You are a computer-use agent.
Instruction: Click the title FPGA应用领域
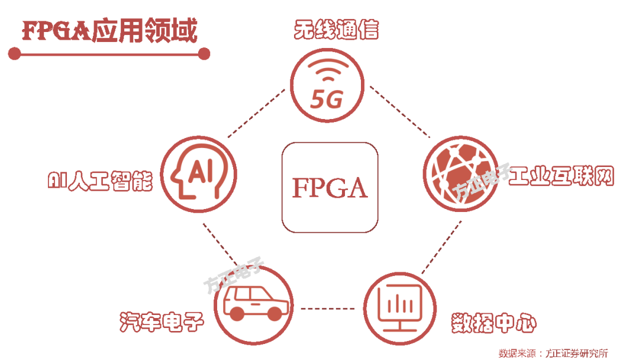click(x=110, y=31)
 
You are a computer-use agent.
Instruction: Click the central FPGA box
click(x=330, y=187)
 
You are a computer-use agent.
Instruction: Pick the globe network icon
click(x=460, y=175)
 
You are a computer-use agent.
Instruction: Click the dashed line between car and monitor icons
click(x=327, y=308)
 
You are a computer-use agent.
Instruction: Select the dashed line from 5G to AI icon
click(x=256, y=114)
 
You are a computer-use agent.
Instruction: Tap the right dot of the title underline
click(x=204, y=54)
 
